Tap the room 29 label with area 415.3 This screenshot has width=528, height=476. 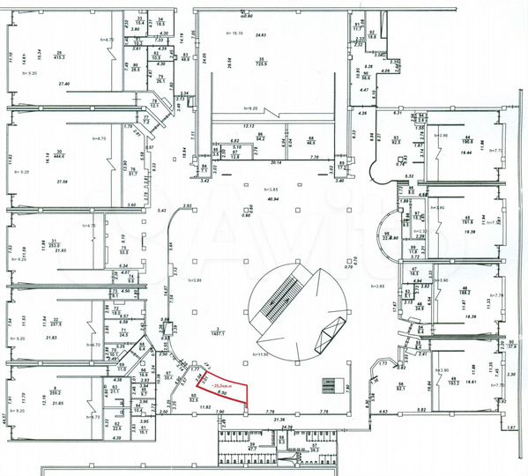pos(59,55)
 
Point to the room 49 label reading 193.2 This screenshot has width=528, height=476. pos(454,382)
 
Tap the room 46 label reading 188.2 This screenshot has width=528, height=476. pos(465,293)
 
